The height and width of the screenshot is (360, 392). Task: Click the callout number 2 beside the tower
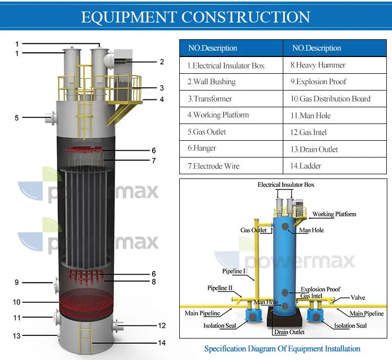coord(162,62)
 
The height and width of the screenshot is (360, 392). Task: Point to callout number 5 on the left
coord(17,118)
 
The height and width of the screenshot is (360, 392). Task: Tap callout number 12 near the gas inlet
coord(162,325)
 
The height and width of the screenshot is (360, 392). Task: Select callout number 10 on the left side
coord(17,302)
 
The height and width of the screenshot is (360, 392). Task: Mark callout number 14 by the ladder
coord(162,343)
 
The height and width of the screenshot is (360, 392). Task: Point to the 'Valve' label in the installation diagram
coord(358,298)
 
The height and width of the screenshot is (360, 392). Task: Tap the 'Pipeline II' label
coord(220,288)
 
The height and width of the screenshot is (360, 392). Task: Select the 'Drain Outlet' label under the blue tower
coord(289,332)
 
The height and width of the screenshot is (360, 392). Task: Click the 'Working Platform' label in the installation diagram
coord(335,214)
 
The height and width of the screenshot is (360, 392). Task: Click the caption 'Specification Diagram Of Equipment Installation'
coord(282,348)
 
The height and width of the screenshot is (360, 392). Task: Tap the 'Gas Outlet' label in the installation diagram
coord(253,230)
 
